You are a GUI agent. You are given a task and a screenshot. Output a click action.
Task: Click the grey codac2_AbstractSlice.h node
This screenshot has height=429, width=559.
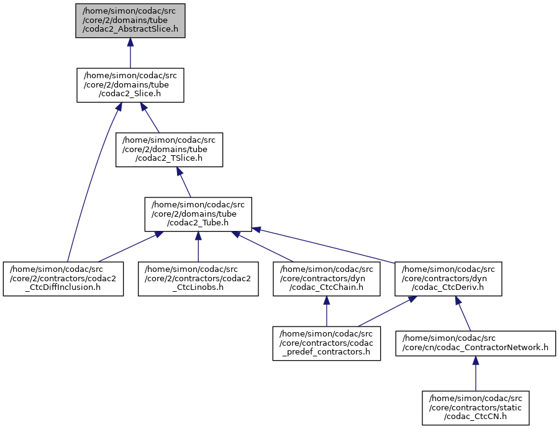click(130, 21)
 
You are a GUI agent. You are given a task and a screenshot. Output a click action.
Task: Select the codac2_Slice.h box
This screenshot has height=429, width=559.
click(130, 85)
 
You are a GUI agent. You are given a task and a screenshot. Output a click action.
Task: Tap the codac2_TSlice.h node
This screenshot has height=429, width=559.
click(169, 150)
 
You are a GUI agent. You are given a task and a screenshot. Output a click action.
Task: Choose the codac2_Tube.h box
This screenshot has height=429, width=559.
click(198, 214)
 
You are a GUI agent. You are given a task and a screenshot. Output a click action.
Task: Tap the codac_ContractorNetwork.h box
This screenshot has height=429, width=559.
click(475, 343)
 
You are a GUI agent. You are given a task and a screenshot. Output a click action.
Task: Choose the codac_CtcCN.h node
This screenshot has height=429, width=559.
click(475, 407)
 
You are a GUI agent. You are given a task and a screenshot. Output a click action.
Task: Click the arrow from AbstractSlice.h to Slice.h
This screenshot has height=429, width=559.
click(130, 53)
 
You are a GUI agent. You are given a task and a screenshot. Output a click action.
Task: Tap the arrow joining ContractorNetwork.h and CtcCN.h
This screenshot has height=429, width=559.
click(475, 375)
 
